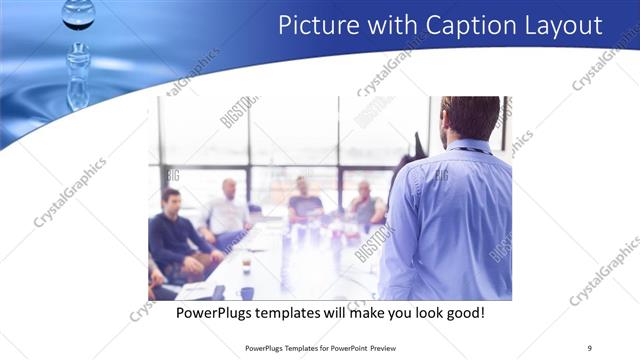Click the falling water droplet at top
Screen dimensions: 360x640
[78, 12]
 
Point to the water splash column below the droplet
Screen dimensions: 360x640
[78, 75]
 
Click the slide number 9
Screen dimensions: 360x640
[589, 347]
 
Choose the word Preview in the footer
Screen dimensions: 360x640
[392, 347]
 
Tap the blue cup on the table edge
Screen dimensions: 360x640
[247, 293]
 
